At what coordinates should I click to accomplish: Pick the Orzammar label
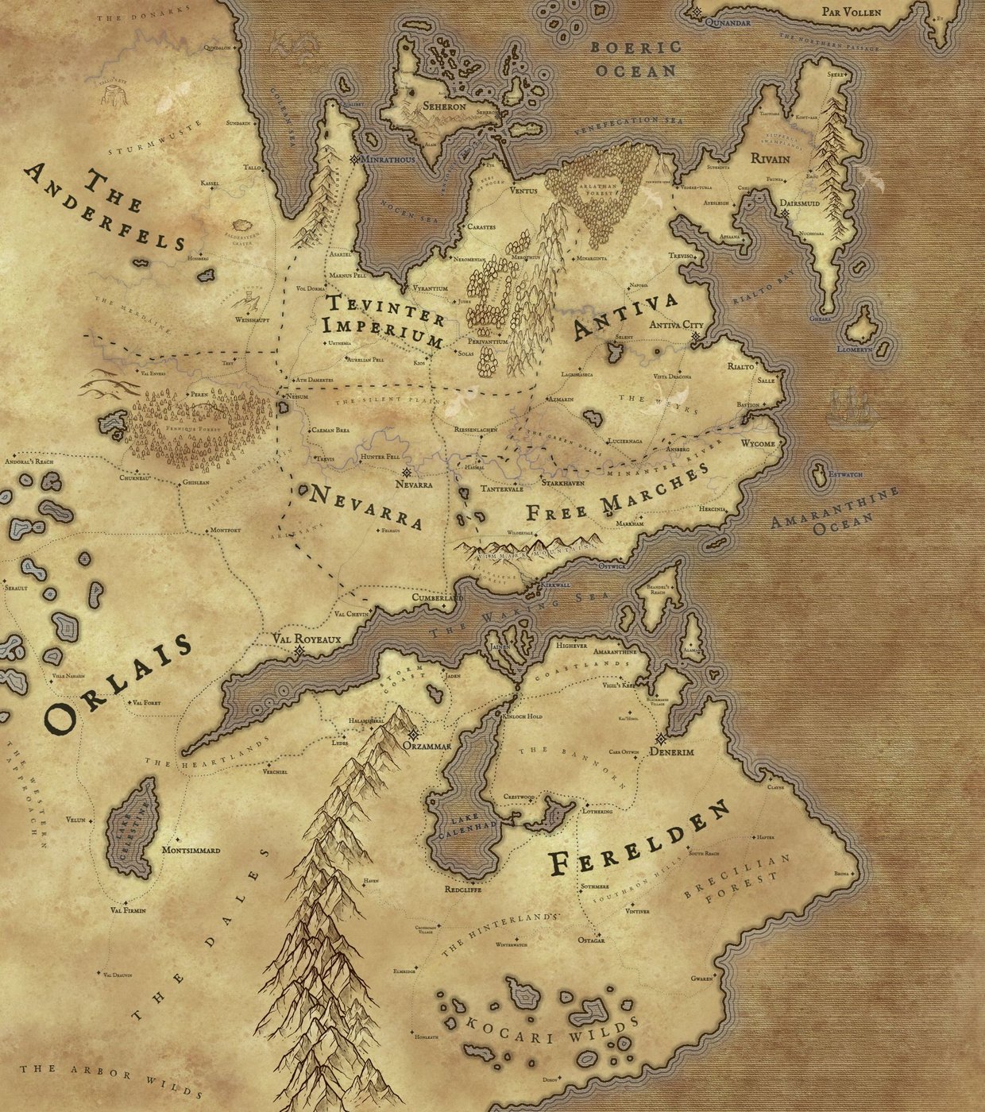(x=427, y=747)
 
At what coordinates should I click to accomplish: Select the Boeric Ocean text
(x=635, y=59)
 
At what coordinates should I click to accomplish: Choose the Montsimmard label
(x=191, y=850)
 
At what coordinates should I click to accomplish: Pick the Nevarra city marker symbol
(x=407, y=471)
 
